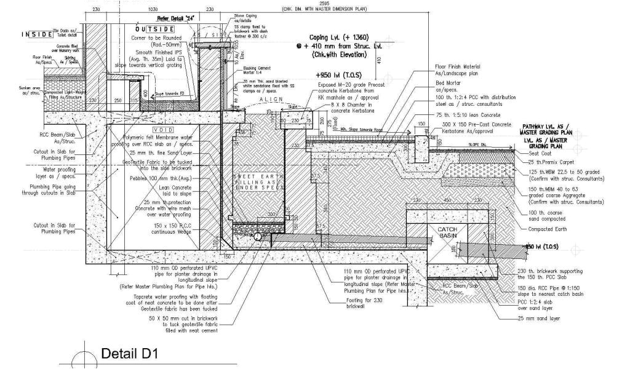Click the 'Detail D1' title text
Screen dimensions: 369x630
tap(129, 355)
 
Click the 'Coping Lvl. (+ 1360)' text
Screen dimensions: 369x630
tap(338, 38)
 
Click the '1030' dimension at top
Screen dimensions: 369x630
tap(154, 10)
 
